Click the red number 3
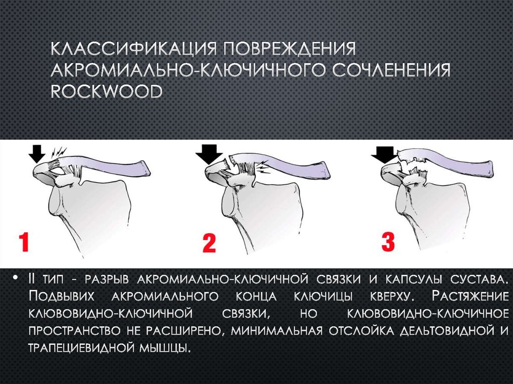click(x=388, y=241)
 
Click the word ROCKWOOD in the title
click(x=107, y=92)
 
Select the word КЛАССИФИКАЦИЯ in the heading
click(x=132, y=51)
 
